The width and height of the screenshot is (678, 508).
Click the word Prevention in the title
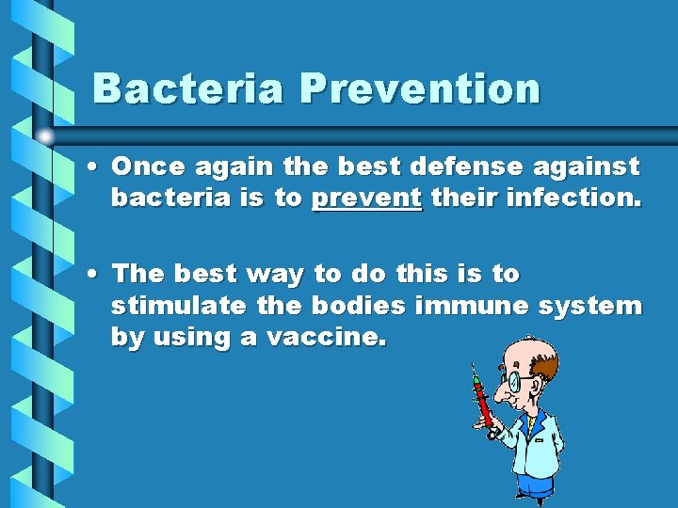(x=420, y=88)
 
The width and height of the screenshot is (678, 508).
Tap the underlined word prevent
(x=366, y=199)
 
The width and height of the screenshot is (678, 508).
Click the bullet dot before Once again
(x=97, y=168)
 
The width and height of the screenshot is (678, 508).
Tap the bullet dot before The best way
(x=97, y=275)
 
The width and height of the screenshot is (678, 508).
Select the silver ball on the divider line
(x=45, y=136)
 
